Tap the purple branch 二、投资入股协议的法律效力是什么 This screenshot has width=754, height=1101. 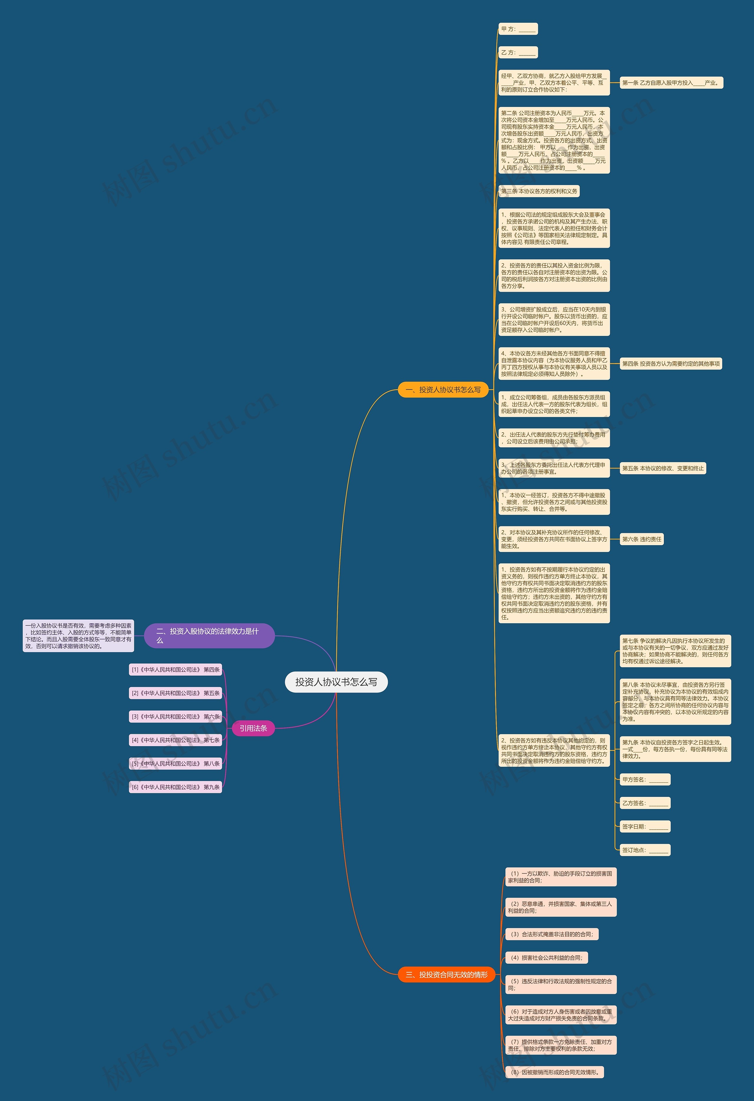click(209, 635)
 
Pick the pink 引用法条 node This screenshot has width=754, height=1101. click(253, 728)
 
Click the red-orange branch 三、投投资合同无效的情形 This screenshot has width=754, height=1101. click(446, 975)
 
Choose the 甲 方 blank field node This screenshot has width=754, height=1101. click(518, 29)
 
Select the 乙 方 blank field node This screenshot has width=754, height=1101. click(518, 52)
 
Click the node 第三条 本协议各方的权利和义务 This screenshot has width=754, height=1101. click(539, 191)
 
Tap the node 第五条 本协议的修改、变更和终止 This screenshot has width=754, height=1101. click(663, 469)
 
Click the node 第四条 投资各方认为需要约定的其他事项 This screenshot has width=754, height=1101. click(671, 364)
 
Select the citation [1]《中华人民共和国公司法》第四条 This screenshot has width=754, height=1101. click(175, 670)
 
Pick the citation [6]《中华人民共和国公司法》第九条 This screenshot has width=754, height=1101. click(175, 787)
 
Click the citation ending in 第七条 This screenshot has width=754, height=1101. click(175, 740)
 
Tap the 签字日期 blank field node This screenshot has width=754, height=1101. click(645, 827)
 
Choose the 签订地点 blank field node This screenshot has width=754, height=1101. click(645, 850)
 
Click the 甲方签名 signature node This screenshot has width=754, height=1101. click(645, 779)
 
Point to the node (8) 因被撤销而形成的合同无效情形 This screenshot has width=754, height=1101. click(554, 1072)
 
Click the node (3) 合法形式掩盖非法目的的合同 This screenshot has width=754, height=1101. click(552, 934)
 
